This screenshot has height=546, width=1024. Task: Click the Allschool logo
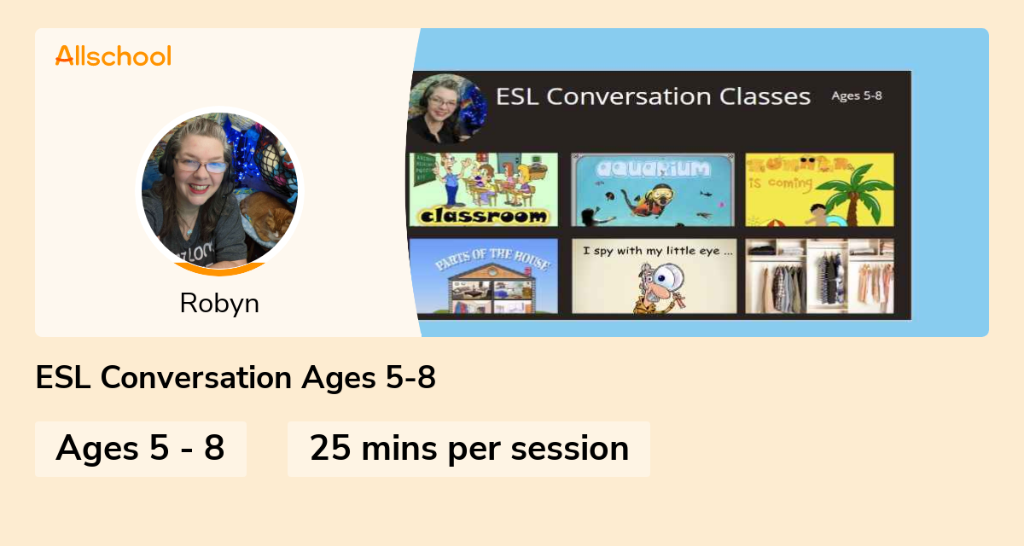tap(113, 56)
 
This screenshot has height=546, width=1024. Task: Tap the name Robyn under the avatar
tap(219, 303)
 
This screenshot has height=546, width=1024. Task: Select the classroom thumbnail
tap(483, 189)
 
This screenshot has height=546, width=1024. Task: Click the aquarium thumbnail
tap(652, 189)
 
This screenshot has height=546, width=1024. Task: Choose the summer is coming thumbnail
tap(819, 189)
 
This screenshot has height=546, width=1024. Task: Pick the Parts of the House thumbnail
tap(483, 276)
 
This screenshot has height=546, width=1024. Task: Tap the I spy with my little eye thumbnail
tap(652, 276)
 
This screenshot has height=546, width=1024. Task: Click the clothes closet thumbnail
tap(819, 276)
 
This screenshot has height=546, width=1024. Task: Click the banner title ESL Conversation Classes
tap(653, 96)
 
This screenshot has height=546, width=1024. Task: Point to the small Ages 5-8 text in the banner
tap(857, 96)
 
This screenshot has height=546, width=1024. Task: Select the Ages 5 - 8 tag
tap(141, 448)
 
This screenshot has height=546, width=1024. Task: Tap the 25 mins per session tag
tap(468, 448)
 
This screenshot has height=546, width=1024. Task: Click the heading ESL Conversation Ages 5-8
tap(236, 378)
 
